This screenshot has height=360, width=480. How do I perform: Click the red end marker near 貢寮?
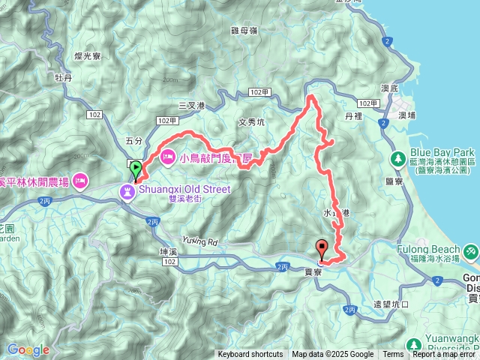pos(322,248)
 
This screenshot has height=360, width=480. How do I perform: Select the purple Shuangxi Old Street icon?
pos(128,193)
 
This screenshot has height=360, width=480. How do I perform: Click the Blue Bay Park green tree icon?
pos(397,158)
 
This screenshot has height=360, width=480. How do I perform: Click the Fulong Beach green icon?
pos(470,250)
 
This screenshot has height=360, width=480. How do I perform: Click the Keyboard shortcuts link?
pos(250,355)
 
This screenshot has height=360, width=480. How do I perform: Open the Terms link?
pos(393,355)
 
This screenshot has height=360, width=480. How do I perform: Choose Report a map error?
pos(445,355)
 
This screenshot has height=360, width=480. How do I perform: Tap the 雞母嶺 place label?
pos(244,31)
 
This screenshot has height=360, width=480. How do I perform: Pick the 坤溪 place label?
pos(169,250)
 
